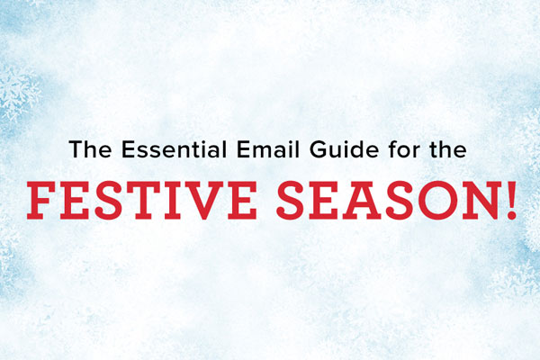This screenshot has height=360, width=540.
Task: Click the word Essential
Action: point(175,149)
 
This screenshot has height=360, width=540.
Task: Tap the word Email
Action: point(268,149)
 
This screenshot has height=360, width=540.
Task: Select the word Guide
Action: point(344,149)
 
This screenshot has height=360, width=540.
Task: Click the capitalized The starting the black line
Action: point(90,149)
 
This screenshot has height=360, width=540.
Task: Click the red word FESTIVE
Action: point(141,200)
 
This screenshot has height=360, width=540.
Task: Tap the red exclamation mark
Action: point(511,200)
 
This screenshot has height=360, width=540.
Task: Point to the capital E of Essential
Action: point(129,149)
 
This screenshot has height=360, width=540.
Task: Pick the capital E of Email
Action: point(244,149)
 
